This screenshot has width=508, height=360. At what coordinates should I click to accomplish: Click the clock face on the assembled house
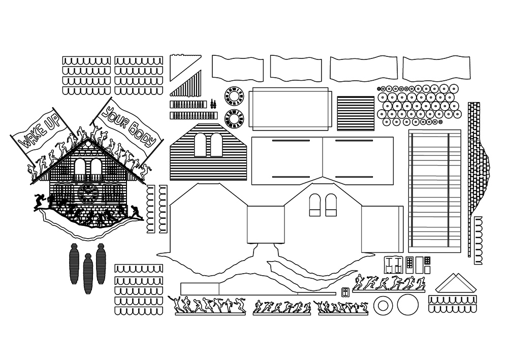(88, 193)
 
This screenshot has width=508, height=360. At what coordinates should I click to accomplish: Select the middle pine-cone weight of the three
(88, 273)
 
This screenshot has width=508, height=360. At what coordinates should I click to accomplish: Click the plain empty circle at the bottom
(407, 305)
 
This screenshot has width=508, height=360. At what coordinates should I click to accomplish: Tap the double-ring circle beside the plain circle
(383, 306)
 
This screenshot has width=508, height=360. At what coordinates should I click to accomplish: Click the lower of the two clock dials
(234, 119)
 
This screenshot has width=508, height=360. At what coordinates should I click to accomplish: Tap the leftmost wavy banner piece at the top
(237, 68)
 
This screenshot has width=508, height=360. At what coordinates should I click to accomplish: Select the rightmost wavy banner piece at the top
(435, 68)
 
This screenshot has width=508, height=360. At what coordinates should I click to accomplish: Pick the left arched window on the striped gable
(201, 145)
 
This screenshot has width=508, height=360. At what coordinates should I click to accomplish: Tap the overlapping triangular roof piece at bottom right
(455, 284)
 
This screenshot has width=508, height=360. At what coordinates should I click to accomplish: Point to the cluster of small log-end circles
(419, 105)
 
